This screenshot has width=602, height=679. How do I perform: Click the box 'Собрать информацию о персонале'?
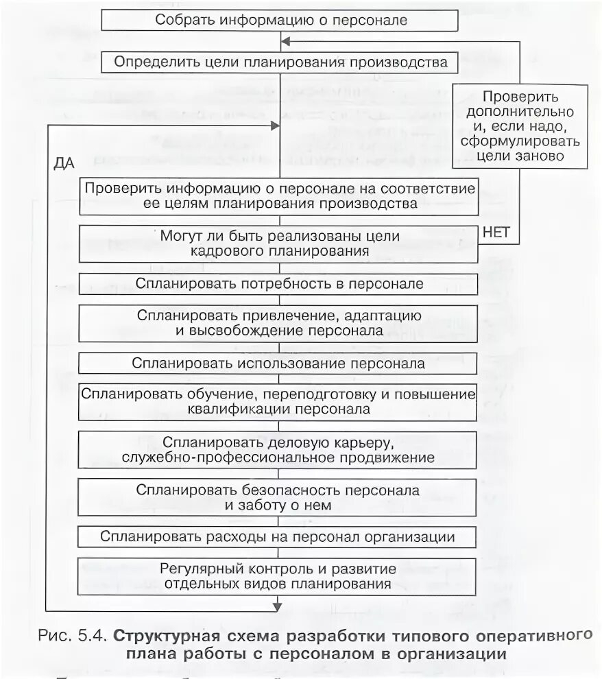pos(280,20)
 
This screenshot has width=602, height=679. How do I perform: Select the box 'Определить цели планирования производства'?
pos(280,62)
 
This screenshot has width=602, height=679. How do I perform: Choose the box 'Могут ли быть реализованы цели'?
pos(278,243)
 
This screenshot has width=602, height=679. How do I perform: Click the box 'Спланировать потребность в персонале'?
pos(278,283)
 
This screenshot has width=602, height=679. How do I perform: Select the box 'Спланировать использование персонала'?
pos(278,363)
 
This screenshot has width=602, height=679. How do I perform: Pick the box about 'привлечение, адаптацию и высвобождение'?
pos(278,322)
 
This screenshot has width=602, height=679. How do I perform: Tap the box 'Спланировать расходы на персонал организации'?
pos(278,536)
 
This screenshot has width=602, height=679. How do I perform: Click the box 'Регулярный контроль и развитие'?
pos(278,577)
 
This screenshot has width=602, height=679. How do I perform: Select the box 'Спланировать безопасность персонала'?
pos(278,498)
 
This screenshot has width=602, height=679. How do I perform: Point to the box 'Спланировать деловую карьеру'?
pos(278,449)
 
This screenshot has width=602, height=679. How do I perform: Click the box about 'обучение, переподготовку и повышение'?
pos(278,402)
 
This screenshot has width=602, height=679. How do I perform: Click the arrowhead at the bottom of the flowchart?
pos(277,605)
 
